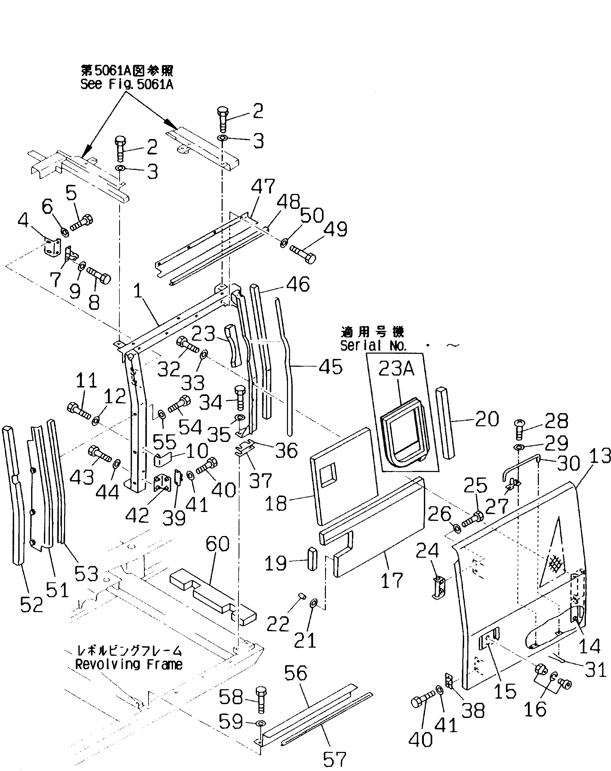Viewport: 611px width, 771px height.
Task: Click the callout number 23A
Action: pos(396,368)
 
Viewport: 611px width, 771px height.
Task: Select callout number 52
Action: pos(31,605)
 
